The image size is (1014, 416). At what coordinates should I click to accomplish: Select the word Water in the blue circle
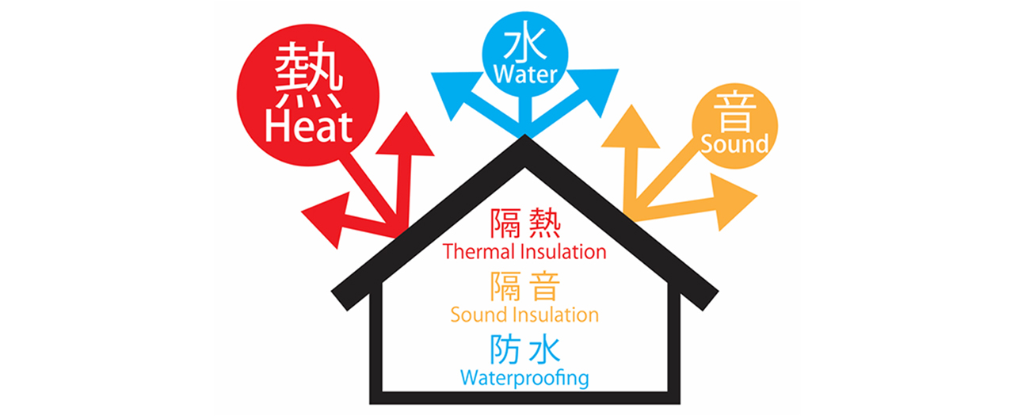[x=525, y=75]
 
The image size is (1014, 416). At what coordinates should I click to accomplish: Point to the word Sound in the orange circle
[x=734, y=144]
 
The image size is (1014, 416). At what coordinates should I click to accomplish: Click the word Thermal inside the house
[x=480, y=252]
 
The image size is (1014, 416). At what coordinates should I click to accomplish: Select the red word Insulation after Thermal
[x=564, y=252]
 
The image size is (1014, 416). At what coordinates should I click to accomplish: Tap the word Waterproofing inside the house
[x=524, y=377]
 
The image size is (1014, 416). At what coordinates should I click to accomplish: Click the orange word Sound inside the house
[x=480, y=315]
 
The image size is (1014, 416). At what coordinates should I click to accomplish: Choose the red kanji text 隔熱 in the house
[x=525, y=224]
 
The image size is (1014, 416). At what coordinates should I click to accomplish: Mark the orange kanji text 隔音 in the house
[x=525, y=286]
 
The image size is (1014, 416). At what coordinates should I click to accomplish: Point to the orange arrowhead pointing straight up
[x=631, y=131]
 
